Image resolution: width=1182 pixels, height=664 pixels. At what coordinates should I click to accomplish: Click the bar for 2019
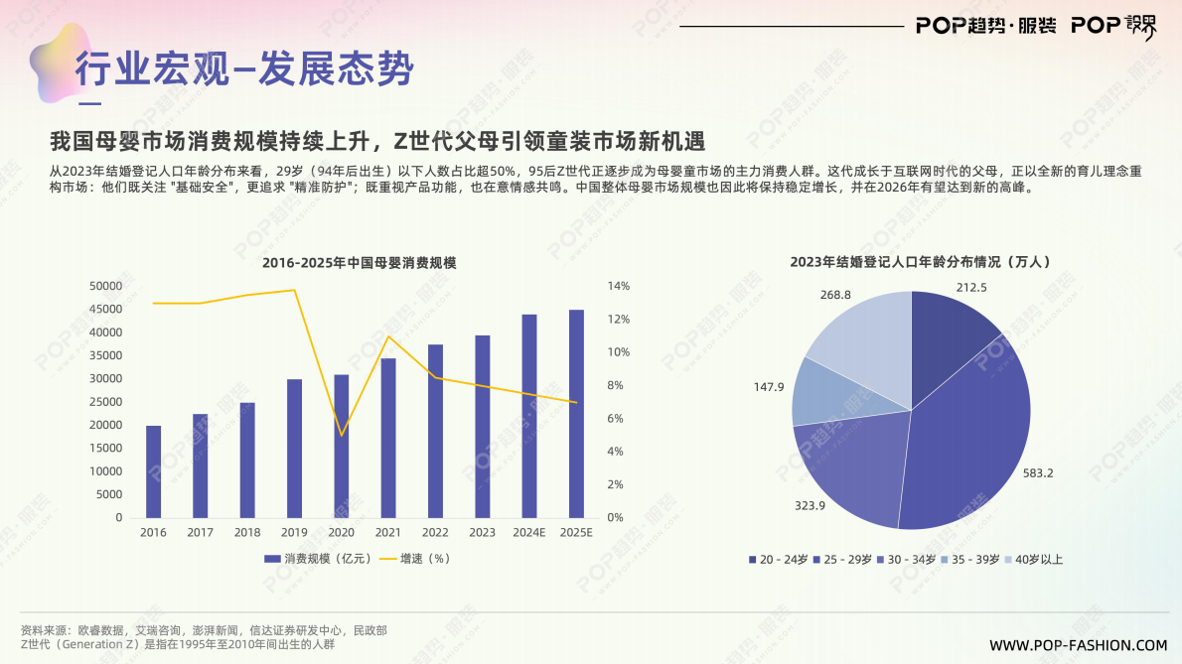click(294, 449)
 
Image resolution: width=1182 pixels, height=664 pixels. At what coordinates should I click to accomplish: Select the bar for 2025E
click(576, 414)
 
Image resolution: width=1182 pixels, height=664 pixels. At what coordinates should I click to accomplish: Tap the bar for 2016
click(153, 471)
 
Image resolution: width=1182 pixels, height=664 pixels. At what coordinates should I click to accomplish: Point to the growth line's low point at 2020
click(342, 435)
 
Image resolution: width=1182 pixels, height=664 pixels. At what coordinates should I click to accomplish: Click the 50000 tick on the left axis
click(105, 286)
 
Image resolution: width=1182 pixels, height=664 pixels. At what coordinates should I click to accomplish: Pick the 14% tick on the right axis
click(618, 286)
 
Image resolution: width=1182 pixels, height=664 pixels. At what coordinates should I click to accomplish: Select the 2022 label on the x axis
click(435, 533)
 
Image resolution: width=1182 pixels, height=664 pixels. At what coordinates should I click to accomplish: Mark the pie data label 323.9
click(811, 505)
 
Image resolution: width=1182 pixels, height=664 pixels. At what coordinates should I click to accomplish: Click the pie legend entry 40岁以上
click(1034, 560)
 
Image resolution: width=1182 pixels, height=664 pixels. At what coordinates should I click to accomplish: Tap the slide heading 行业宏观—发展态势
click(244, 68)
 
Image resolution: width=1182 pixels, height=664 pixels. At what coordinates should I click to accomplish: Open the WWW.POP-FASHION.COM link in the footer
click(1079, 645)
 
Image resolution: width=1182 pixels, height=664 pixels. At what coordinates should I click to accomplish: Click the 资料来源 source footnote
click(204, 630)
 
